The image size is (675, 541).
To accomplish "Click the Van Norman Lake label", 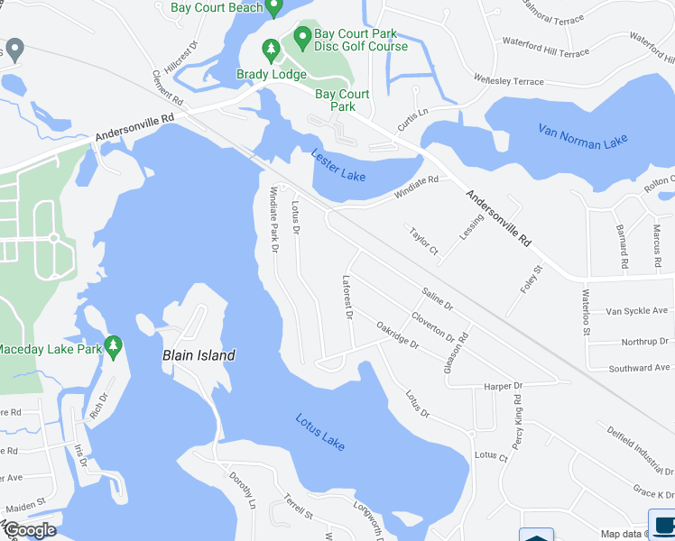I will (x=582, y=134).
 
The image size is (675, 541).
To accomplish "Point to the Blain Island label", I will (x=199, y=355).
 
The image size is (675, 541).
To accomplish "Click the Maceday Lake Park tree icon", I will (x=113, y=345).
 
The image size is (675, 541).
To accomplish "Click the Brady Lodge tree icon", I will (x=270, y=48).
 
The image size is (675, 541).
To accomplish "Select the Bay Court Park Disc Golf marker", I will (x=302, y=37).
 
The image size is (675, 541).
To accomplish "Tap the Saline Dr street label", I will (x=437, y=299).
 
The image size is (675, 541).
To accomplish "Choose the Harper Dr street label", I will (x=504, y=385).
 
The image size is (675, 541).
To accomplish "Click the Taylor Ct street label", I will (x=422, y=240).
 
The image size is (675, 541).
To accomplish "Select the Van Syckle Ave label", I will (x=637, y=311).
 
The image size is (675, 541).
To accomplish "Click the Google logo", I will (x=29, y=530).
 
